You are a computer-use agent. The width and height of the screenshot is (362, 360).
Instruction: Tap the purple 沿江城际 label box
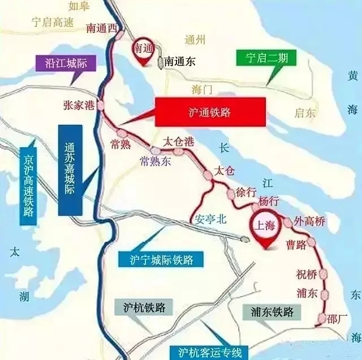click(66, 63)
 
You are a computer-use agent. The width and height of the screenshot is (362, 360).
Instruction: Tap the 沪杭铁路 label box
click(144, 307)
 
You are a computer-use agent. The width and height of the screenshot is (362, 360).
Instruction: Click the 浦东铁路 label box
click(273, 311)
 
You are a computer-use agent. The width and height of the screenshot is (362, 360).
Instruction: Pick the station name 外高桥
click(309, 221)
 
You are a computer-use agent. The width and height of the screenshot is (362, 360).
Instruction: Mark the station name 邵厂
click(339, 319)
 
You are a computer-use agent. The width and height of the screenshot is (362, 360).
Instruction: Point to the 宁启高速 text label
click(37, 24)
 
